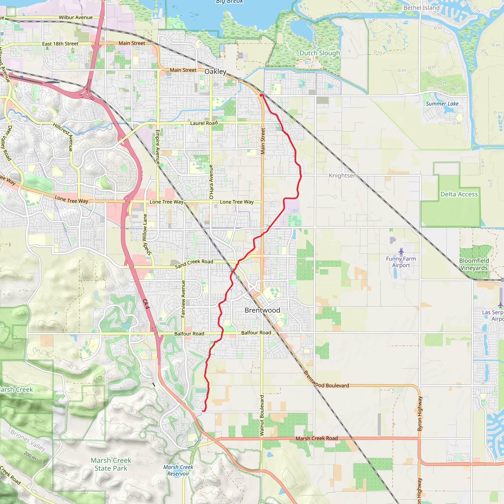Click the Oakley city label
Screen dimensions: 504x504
(215, 71)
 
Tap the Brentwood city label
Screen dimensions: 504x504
(262, 310)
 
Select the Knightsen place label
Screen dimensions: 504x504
(343, 175)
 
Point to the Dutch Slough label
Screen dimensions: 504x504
(320, 53)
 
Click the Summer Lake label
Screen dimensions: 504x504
(442, 104)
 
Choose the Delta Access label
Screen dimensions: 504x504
(459, 194)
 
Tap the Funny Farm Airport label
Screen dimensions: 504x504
(401, 262)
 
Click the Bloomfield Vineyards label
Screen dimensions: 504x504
(474, 264)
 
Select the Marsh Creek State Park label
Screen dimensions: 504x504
(111, 464)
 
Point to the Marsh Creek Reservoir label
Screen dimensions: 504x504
(178, 470)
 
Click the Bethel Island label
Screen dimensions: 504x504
(422, 8)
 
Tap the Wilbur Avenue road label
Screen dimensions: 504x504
(76, 17)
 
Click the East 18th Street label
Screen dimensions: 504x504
(60, 44)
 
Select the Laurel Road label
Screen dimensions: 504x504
(204, 123)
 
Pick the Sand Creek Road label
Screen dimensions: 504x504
(194, 264)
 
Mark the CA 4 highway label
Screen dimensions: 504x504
(146, 304)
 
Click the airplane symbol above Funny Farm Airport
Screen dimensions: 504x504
(401, 252)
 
